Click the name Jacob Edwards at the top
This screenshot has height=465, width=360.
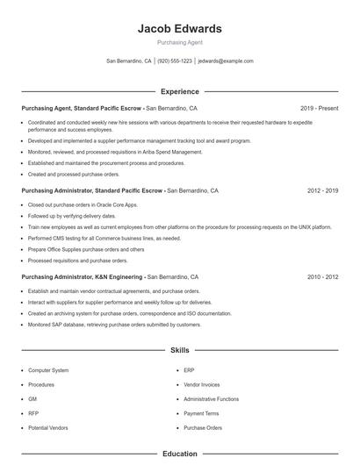(x=179, y=28)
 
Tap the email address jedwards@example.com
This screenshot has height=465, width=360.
(x=226, y=61)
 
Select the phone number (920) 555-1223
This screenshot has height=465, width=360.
(x=175, y=61)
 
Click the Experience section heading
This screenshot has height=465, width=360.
(x=179, y=91)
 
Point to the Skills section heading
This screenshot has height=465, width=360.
(x=179, y=350)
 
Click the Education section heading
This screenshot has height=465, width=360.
(x=179, y=454)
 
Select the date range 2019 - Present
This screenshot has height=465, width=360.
(x=319, y=108)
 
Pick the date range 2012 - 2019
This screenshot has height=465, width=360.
(x=322, y=190)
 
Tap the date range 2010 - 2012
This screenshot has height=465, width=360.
(x=322, y=276)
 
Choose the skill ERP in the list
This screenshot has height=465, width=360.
(x=190, y=370)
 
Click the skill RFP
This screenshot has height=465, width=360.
(x=33, y=413)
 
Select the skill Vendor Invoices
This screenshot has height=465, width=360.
(x=203, y=384)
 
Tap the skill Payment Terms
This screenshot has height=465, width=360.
(x=202, y=413)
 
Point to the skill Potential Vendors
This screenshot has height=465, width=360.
(x=47, y=427)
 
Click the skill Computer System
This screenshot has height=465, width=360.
(x=47, y=370)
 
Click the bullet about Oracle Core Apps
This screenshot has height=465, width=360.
(x=83, y=204)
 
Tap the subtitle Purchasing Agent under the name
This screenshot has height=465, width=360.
(x=179, y=42)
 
